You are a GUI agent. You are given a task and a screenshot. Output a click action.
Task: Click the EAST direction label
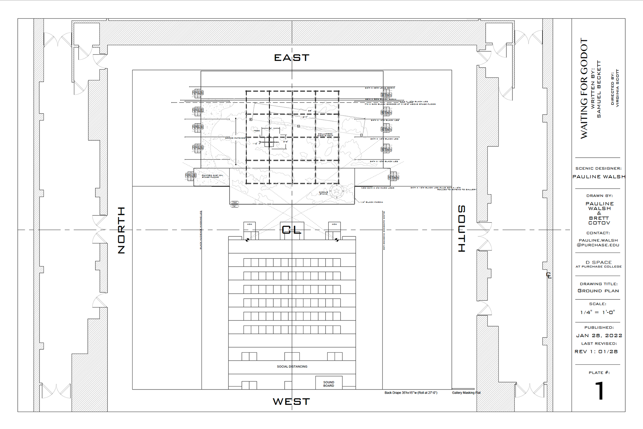point(292,58)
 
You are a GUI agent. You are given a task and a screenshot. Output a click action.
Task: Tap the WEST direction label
point(291,402)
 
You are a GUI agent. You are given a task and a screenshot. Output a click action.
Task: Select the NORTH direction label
point(122,230)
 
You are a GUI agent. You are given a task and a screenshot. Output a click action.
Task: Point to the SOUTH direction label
point(461,228)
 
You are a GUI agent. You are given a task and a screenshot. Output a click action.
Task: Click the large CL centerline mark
point(291,230)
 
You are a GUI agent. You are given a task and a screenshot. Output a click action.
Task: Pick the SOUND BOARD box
point(329,384)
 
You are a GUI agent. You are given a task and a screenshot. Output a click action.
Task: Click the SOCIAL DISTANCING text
point(292,367)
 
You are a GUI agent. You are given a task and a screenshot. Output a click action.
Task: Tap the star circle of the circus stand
point(337,191)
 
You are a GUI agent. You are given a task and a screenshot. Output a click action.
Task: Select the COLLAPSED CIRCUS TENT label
point(325,135)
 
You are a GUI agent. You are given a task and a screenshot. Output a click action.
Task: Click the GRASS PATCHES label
point(235,138)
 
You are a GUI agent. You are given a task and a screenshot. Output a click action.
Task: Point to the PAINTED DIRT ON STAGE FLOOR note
point(212,176)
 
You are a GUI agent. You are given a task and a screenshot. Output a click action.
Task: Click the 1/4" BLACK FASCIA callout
point(372,202)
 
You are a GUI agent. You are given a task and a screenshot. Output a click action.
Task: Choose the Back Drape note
point(411,393)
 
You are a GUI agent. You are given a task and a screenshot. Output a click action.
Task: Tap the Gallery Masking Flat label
point(466,393)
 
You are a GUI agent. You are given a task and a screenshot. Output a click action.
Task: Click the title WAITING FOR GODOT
point(584,88)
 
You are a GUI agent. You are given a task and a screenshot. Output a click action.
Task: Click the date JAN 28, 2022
point(599,336)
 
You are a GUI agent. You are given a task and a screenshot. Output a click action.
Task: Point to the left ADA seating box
point(249,227)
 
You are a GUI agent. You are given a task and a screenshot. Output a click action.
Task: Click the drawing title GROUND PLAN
point(598,291)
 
